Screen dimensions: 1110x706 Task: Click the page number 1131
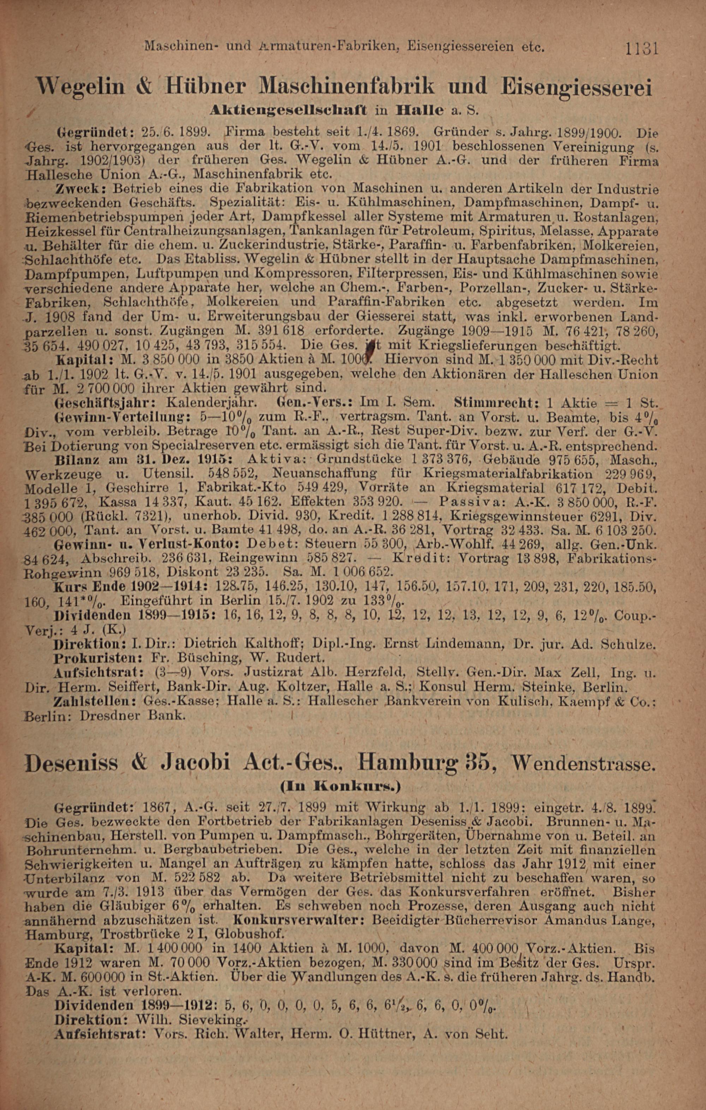(641, 49)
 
